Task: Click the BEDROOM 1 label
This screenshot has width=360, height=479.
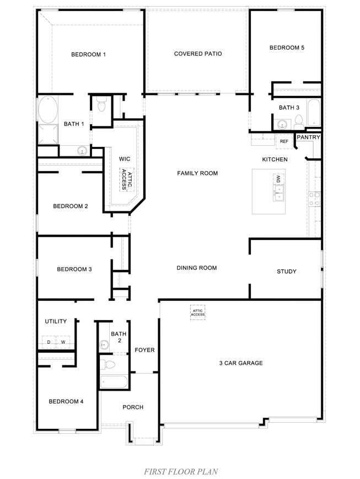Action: point(88,54)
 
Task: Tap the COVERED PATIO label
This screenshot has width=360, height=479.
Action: point(198,54)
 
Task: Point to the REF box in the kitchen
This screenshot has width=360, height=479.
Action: point(284,142)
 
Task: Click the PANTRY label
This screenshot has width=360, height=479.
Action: point(308,137)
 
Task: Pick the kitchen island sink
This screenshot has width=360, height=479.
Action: point(278,191)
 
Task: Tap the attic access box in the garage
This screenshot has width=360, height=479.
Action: point(198,313)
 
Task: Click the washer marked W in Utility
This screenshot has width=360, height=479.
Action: point(63,343)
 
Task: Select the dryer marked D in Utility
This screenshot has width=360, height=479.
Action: point(49,343)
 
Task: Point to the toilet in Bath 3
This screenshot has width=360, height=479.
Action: point(298,121)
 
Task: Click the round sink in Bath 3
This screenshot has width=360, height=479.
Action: point(282,124)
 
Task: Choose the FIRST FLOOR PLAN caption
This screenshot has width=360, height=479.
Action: point(181,471)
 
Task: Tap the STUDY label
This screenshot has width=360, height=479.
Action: point(286,272)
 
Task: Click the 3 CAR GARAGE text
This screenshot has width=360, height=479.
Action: point(240,363)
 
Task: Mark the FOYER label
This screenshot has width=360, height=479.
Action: point(144,350)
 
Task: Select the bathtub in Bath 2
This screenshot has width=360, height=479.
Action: point(114,381)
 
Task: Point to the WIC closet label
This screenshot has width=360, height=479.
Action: point(125,159)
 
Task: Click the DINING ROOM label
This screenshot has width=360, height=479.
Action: point(197,268)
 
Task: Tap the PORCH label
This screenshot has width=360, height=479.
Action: point(133,407)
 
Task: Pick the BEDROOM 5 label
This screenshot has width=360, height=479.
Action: point(287,47)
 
